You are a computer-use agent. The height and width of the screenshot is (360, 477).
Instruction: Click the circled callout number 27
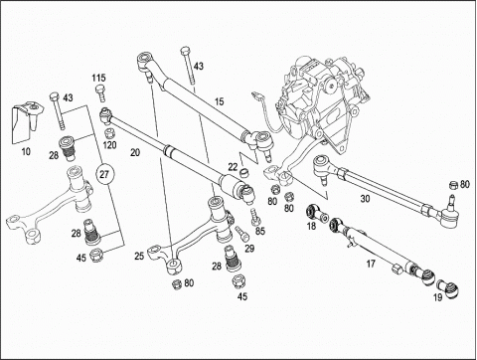click(104, 174)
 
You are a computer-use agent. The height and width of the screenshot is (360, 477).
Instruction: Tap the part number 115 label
click(98, 78)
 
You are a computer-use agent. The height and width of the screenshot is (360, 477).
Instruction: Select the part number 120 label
click(110, 145)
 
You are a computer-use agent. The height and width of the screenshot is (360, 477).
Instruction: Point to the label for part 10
click(26, 152)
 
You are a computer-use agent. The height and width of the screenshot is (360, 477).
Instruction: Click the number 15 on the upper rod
click(219, 101)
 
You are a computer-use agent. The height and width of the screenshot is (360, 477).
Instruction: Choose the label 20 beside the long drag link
click(135, 152)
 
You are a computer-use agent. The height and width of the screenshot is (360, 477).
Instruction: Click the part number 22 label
click(234, 167)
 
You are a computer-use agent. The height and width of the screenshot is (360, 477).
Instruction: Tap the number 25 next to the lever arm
click(139, 256)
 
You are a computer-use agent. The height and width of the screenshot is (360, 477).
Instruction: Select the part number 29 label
click(249, 249)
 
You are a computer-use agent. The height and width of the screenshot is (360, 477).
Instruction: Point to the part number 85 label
click(260, 231)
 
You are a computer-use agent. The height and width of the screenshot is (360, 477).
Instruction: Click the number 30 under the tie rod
click(365, 199)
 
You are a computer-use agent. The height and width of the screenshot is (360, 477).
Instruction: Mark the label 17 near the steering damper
click(371, 264)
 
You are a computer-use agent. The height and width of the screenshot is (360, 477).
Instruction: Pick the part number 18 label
click(311, 226)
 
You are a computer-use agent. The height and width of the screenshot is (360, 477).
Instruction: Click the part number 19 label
click(438, 297)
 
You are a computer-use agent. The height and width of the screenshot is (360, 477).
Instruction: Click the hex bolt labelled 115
click(100, 93)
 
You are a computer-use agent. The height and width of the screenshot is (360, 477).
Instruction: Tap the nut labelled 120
click(109, 134)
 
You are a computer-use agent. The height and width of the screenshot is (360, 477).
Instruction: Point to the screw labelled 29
click(241, 234)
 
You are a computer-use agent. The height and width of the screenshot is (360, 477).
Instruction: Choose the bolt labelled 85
click(255, 217)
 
